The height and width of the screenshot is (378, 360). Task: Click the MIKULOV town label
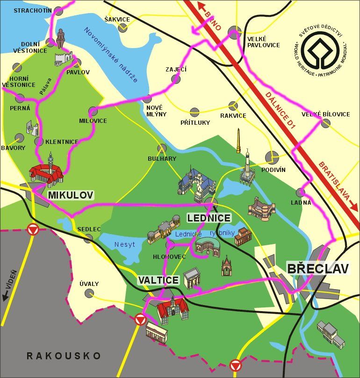coord(71,194)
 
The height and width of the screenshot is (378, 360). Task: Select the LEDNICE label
coord(209,218)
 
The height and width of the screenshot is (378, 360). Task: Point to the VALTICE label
coord(158,280)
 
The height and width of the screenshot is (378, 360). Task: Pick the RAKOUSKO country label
coord(64,356)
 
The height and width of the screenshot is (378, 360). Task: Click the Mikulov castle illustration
coord(46,171)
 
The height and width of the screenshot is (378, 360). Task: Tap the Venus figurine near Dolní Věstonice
coord(60,38)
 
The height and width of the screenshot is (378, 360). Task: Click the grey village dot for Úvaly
coord(89,293)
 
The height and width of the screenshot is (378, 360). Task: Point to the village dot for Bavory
coord(19,138)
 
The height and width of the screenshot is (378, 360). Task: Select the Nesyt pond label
coord(124,244)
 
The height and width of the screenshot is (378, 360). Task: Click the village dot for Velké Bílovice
coord(325,123)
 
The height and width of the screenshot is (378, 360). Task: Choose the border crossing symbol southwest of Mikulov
coord(32,229)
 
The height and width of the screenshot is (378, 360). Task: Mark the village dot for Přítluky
coord(194,112)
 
